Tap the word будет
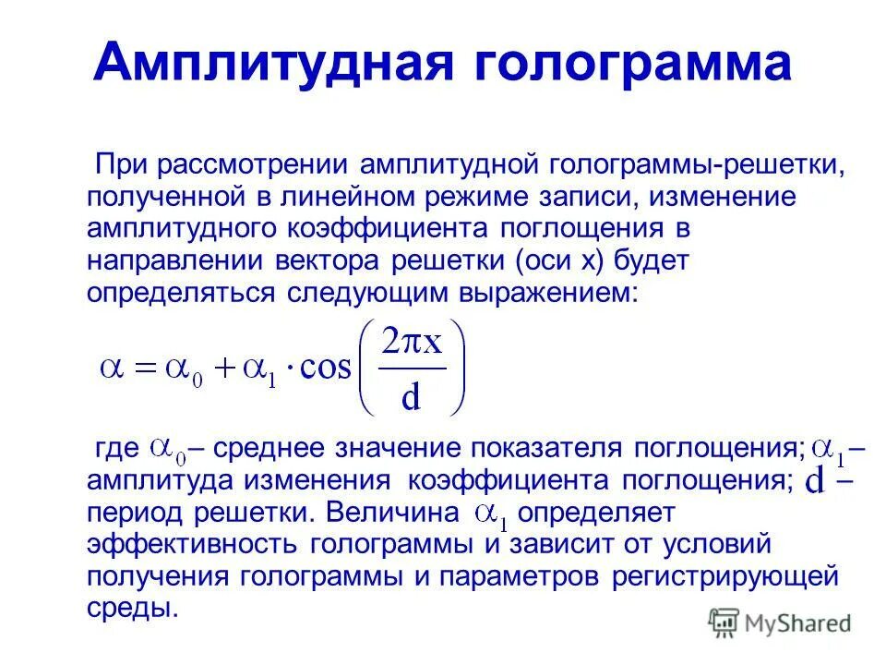tap(656, 260)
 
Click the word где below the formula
tap(117, 450)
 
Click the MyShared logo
tap(780, 623)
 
